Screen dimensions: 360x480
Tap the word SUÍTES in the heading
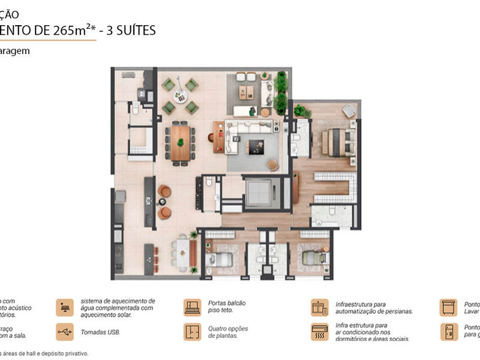(134, 30)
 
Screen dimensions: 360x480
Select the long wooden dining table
(179, 142)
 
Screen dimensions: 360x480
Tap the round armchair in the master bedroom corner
(348, 110)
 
